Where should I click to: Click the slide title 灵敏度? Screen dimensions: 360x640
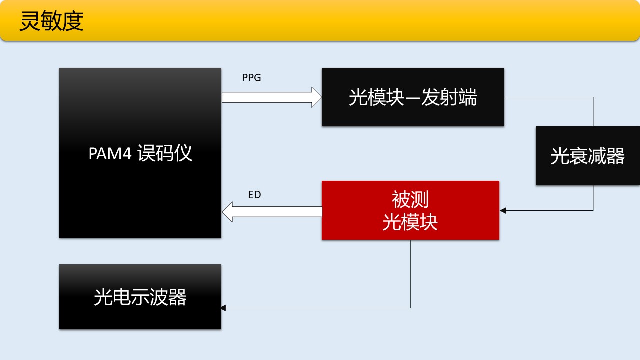(x=51, y=22)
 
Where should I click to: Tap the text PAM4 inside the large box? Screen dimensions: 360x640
(x=110, y=153)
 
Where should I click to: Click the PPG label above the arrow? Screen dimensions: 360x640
(x=251, y=78)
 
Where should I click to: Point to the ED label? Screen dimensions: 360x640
(x=254, y=195)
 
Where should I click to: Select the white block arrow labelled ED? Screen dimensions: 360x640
(x=272, y=212)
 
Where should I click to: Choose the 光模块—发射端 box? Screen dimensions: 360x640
(x=413, y=97)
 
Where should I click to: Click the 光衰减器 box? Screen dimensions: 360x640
(x=587, y=156)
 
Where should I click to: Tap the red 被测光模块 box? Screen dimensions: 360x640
(x=410, y=210)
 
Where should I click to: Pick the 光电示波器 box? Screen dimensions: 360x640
(x=140, y=297)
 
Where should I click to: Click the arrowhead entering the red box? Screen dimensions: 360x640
(x=503, y=210)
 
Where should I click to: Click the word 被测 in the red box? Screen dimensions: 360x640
(x=410, y=200)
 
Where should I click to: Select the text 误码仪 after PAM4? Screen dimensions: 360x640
(x=165, y=153)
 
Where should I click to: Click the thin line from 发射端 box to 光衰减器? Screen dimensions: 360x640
(x=550, y=97)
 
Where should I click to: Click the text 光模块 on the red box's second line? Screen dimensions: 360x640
(x=410, y=222)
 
